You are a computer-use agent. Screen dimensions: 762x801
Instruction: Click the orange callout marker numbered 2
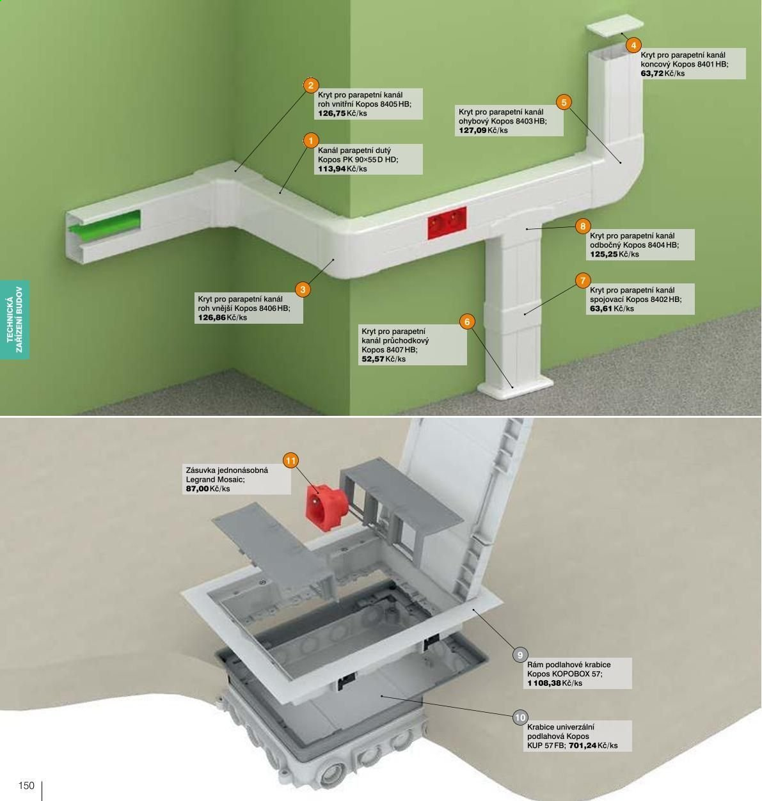[x=311, y=85]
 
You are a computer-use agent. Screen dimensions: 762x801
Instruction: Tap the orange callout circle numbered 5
[x=564, y=102]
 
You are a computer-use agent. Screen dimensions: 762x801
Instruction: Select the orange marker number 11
[x=290, y=461]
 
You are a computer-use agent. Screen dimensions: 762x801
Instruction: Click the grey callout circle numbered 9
[x=520, y=655]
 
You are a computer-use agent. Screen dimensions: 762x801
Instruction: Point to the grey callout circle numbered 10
[x=520, y=717]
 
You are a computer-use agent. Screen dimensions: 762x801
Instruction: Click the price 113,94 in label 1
[x=331, y=169]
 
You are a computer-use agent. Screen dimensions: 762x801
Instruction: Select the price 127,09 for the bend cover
[x=473, y=131]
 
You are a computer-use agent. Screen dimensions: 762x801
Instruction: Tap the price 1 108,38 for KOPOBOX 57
[x=544, y=683]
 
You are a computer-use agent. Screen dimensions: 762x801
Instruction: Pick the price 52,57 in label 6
[x=373, y=360]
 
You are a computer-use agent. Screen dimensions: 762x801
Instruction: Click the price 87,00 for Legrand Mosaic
[x=197, y=489]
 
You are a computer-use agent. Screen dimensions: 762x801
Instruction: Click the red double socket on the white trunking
[x=447, y=223]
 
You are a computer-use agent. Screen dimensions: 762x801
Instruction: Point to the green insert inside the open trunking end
[x=105, y=226]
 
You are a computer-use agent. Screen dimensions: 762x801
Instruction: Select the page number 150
[x=26, y=786]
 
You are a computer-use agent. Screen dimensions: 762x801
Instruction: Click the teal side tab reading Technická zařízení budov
[x=15, y=319]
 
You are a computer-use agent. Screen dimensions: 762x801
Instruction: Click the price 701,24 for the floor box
[x=582, y=745]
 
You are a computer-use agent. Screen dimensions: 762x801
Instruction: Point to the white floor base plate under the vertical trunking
[x=515, y=387]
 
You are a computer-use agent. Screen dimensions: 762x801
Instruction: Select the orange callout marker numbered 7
[x=583, y=281]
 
